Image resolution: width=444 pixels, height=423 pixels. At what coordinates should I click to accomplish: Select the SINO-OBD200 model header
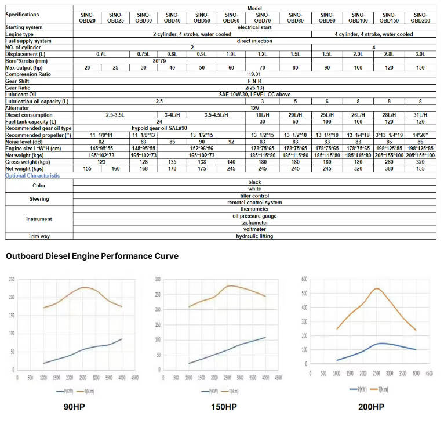point(420,17)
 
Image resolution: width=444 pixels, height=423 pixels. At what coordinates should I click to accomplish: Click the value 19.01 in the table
point(254,74)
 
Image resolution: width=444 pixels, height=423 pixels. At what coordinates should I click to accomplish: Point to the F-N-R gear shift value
point(254,81)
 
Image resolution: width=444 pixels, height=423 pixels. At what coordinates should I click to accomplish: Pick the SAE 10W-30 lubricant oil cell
point(254,94)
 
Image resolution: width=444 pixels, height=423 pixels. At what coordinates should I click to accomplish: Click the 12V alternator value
point(254,108)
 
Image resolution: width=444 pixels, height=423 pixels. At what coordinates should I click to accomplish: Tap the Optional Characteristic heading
point(32,175)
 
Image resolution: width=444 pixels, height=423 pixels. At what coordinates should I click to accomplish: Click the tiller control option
point(254,196)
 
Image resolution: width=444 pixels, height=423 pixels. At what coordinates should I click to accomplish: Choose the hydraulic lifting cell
point(254,236)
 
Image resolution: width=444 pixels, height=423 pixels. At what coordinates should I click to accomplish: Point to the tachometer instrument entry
point(254,222)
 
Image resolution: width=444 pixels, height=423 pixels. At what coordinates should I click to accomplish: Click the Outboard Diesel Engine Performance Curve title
point(92,256)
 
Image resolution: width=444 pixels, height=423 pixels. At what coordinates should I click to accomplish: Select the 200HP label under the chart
point(372,407)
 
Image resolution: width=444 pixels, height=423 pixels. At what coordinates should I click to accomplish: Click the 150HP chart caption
point(224,407)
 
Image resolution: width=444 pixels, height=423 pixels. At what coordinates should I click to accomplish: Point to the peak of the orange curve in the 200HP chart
point(377,288)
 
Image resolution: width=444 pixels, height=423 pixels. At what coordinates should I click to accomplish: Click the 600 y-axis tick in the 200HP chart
point(303,279)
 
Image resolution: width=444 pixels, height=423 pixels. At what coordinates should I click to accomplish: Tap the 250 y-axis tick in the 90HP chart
point(11,280)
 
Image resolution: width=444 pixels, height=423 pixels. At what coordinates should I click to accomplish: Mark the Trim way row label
point(39,236)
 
